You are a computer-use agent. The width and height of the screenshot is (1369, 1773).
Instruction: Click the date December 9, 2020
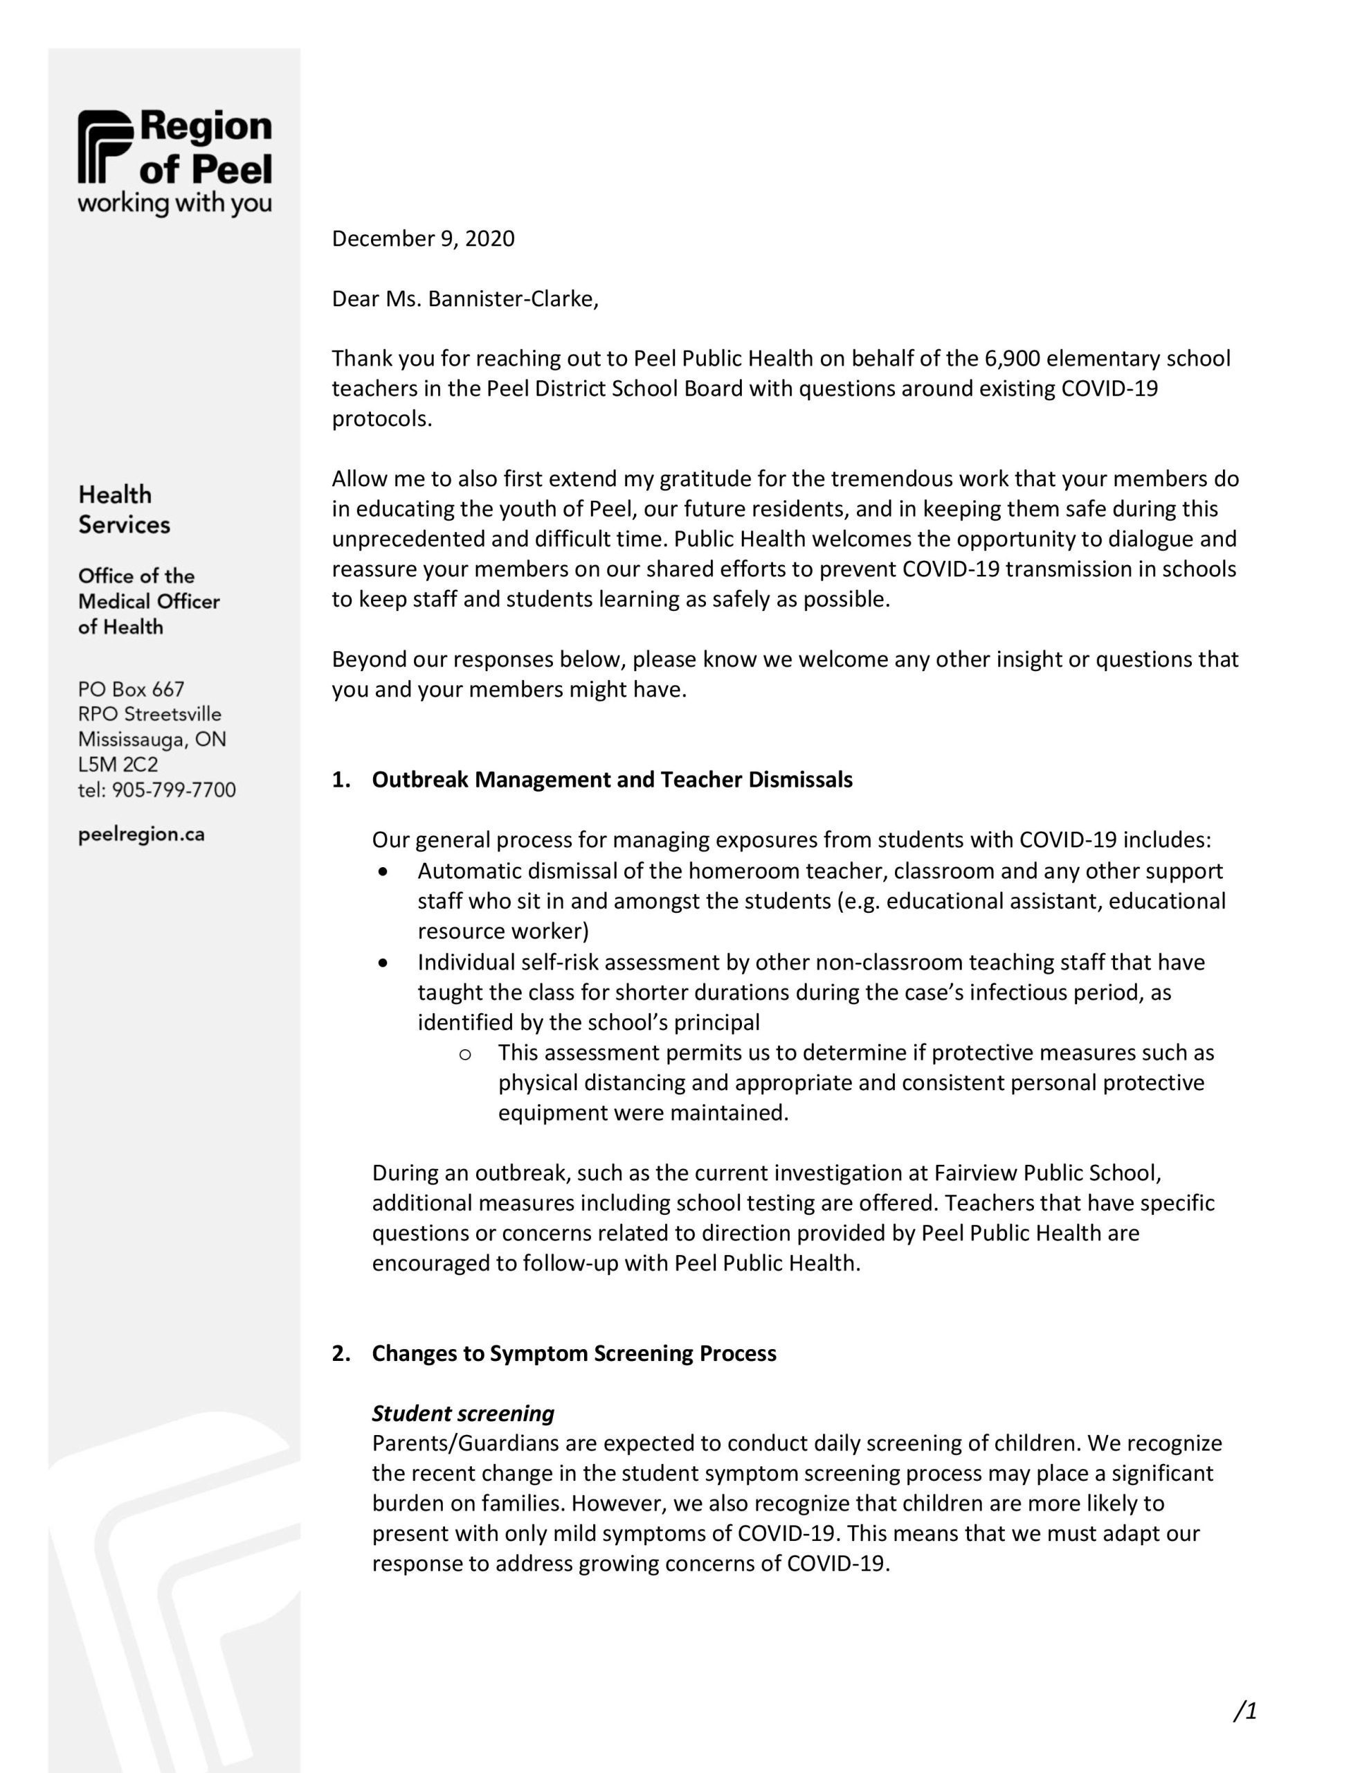[423, 239]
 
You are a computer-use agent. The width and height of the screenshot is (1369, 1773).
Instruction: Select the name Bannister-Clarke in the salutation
[512, 300]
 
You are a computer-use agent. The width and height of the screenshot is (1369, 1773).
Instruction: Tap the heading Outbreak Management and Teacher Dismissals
[612, 779]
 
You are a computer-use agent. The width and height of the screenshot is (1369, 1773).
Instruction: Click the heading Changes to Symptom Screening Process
[574, 1353]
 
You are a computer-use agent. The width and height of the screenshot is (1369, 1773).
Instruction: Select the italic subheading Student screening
[462, 1414]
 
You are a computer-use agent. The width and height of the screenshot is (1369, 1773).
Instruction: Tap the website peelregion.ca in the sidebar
[141, 835]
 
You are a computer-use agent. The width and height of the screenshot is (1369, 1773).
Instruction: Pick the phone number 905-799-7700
[174, 790]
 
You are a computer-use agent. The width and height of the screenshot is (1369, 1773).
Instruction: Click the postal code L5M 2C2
[118, 765]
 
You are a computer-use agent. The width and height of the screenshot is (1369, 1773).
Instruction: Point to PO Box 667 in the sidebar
[132, 689]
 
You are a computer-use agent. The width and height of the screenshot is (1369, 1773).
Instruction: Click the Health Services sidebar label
[124, 509]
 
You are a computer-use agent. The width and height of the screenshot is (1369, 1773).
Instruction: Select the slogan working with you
[174, 204]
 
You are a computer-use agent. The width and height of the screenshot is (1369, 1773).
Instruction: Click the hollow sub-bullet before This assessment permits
[465, 1053]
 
